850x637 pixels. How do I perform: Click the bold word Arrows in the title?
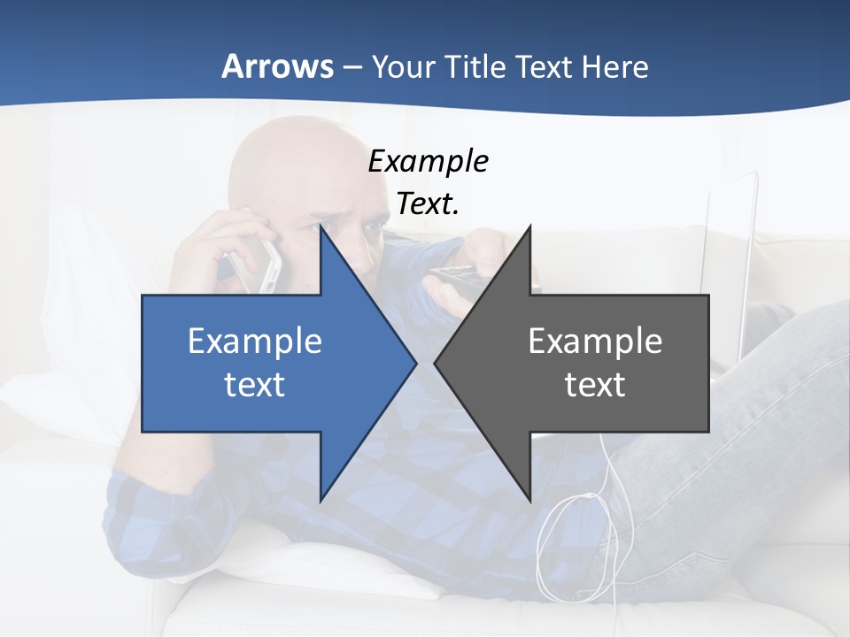tap(277, 67)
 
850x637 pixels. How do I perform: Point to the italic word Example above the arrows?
tap(428, 162)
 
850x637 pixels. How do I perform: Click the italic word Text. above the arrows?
tap(428, 204)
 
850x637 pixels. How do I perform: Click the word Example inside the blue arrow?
tap(255, 342)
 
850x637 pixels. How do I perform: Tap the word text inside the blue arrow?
tap(255, 385)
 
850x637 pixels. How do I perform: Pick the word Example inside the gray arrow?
tap(595, 342)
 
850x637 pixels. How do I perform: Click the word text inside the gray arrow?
tap(595, 385)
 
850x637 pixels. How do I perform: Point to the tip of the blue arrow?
tap(413, 363)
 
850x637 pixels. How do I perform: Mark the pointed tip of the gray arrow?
tap(437, 363)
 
